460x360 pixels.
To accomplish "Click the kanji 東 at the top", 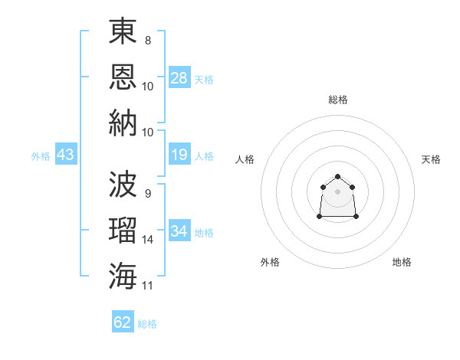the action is click(123, 31).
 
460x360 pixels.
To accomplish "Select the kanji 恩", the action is click(123, 77).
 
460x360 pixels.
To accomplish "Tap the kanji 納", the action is click(123, 123).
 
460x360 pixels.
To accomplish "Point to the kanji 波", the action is click(123, 184).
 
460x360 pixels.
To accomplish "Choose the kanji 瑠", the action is click(123, 230).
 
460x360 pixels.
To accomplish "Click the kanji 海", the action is click(123, 276).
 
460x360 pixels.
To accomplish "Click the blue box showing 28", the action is click(179, 77).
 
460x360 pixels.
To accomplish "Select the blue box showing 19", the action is click(179, 154).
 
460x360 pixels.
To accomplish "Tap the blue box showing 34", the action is click(179, 230).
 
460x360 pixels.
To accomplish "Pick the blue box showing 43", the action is click(66, 154).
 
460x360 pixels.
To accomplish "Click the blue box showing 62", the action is click(123, 321).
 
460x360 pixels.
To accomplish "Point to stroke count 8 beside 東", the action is click(148, 41).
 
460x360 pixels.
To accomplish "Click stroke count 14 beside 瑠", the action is click(147, 240).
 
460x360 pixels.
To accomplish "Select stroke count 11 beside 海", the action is click(147, 286).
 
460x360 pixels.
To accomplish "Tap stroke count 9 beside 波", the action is click(148, 194).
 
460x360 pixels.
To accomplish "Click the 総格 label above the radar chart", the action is click(338, 100).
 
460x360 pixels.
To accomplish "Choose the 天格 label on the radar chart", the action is click(431, 159).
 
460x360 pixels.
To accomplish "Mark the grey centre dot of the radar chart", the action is click(337, 191).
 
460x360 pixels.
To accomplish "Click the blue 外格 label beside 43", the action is click(41, 156).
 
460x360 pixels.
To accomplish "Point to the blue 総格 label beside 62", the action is click(147, 324).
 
